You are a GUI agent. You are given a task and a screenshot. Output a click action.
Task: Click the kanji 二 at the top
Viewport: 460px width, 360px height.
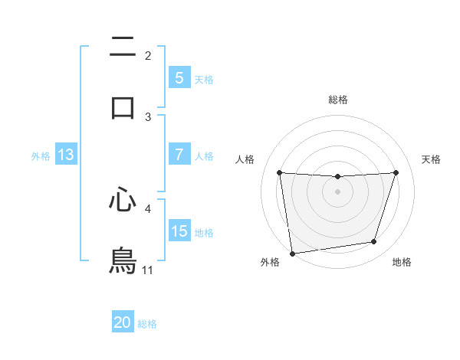pyautogui.click(x=123, y=48)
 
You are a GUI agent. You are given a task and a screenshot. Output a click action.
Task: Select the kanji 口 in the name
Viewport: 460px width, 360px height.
pyautogui.click(x=123, y=107)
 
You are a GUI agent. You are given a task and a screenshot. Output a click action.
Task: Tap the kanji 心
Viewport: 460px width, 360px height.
pyautogui.click(x=123, y=201)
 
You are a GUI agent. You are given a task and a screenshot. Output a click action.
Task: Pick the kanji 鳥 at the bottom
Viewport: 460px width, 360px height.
pyautogui.click(x=123, y=260)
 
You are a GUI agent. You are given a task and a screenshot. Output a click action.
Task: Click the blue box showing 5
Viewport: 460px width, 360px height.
pyautogui.click(x=179, y=77)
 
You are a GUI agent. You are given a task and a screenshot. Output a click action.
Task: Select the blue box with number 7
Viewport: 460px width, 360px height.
pyautogui.click(x=179, y=154)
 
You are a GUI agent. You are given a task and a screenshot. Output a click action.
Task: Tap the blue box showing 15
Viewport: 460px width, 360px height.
pyautogui.click(x=179, y=231)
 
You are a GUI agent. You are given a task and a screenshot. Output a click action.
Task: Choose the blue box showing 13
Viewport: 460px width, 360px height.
pyautogui.click(x=66, y=155)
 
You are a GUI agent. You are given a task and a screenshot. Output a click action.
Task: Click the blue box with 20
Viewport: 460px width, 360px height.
pyautogui.click(x=123, y=322)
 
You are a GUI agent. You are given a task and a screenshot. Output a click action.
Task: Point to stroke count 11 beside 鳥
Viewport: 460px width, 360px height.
pyautogui.click(x=148, y=271)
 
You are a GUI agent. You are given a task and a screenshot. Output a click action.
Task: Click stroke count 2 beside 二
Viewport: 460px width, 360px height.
pyautogui.click(x=148, y=56)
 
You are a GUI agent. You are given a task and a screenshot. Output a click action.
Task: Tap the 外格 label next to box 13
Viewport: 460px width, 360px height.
pyautogui.click(x=41, y=156)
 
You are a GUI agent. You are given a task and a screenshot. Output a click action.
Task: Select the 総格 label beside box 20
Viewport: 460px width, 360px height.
pyautogui.click(x=147, y=324)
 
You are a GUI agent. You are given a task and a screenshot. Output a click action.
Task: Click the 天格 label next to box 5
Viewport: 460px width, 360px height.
pyautogui.click(x=204, y=79)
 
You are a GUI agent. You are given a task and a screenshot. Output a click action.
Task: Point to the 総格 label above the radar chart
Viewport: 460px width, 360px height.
pyautogui.click(x=338, y=100)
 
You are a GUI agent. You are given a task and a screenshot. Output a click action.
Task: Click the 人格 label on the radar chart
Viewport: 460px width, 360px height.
pyautogui.click(x=245, y=159)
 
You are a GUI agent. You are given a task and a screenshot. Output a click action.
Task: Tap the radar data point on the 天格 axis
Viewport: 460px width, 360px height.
pyautogui.click(x=396, y=172)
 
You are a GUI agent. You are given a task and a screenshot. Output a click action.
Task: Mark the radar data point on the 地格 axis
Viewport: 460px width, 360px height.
pyautogui.click(x=374, y=242)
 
